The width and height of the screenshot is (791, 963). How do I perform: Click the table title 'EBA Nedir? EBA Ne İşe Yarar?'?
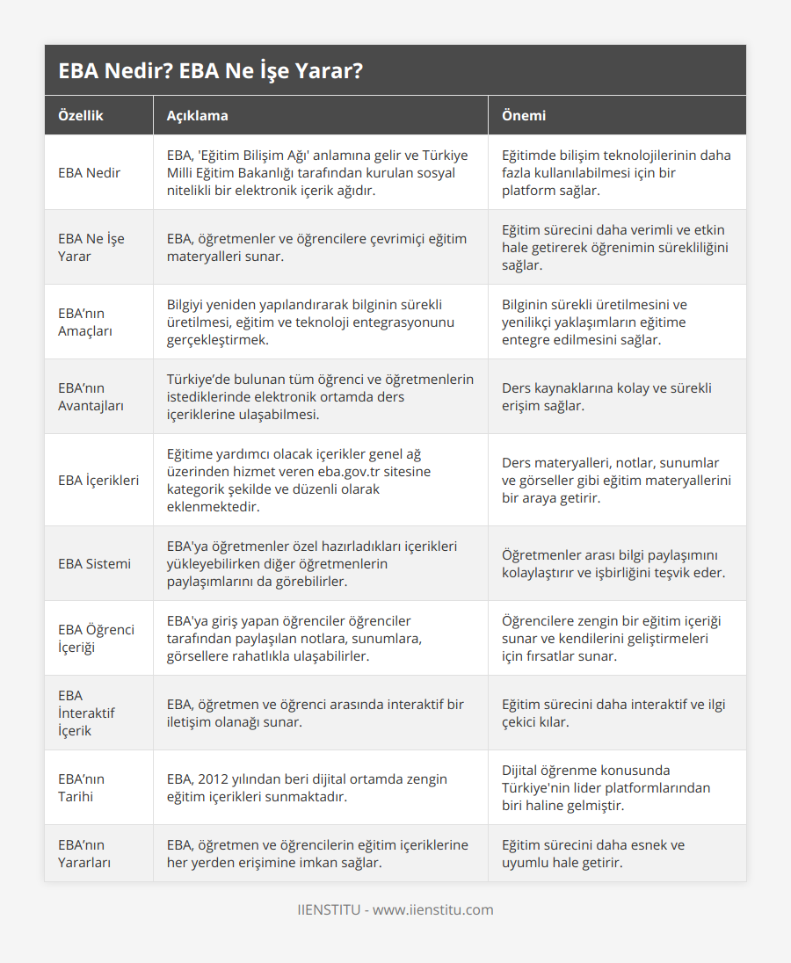pos(211,71)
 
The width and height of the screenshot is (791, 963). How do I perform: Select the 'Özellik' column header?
pos(81,115)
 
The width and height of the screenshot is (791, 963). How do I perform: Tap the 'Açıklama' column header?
pos(197,115)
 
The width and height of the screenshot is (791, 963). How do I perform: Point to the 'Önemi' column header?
pos(524,115)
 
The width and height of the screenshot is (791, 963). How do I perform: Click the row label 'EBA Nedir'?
pos(90,172)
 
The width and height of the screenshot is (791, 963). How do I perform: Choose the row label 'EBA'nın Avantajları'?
pos(91,396)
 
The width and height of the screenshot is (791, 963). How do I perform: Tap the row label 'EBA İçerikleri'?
pos(98,480)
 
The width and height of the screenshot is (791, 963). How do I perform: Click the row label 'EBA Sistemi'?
pos(94,563)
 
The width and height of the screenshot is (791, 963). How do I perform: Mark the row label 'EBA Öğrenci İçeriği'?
pos(96,638)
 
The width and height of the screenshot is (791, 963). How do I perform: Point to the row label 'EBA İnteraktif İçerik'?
pos(86,713)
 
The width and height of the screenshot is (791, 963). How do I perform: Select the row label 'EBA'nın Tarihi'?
pos(81,787)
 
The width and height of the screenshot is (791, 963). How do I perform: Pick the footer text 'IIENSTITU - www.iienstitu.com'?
pos(395,909)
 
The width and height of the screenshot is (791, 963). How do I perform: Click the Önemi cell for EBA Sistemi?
pos(613,563)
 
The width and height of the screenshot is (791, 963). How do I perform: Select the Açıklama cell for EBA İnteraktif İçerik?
pos(316,713)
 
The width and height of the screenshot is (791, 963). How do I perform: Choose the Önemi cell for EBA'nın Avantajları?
pos(606,396)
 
